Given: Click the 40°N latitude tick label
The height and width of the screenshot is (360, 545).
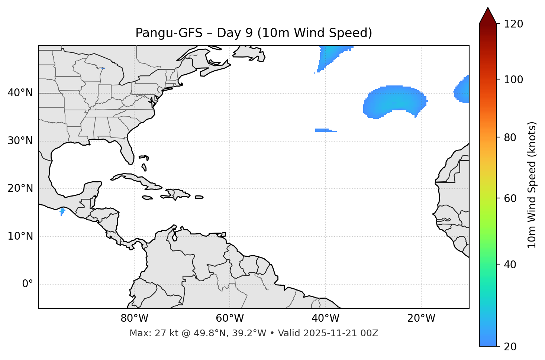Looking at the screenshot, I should pos(20,93).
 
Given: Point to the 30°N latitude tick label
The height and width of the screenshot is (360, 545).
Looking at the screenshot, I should pos(20,141).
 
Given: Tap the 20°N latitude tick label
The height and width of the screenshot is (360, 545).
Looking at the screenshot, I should pos(20,188).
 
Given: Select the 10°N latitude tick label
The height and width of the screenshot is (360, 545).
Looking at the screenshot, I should pos(20,236).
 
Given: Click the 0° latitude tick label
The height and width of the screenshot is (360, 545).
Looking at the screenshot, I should pos(28,284).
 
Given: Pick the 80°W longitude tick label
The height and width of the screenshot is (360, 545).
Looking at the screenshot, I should pos(134,318).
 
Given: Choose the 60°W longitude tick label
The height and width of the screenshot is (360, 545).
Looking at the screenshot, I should pos(230,318).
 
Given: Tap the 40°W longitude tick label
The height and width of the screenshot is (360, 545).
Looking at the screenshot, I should pos(325,318).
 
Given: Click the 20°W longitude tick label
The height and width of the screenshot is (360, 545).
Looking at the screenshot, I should pos(421,318).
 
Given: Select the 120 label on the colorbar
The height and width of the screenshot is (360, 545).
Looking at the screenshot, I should pos(513,24).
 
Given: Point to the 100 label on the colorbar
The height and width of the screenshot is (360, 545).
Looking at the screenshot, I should pos(513,80).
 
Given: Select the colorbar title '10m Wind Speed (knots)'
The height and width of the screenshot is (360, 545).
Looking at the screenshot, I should pos(532,185).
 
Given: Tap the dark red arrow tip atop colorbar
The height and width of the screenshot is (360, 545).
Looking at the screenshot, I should pos(488,15).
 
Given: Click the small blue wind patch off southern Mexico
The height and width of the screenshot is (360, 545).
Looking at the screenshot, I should pos(62,211).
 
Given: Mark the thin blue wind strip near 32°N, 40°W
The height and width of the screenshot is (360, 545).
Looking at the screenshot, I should pos(324,130).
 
